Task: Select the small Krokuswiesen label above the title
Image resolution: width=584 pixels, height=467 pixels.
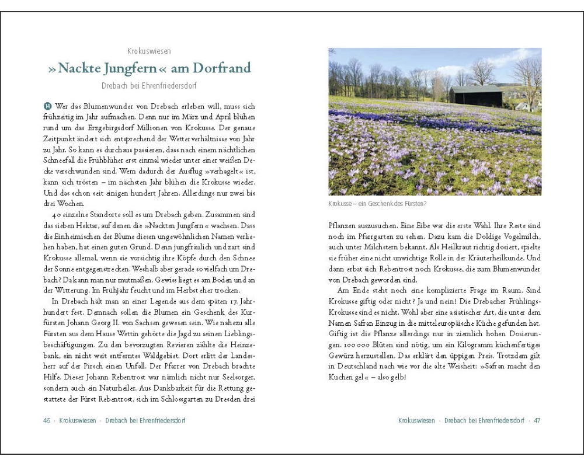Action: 149,51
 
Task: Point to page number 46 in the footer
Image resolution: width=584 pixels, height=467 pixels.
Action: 47,420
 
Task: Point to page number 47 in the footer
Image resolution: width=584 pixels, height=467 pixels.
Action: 537,420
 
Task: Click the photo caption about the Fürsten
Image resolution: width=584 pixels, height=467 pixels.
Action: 377,204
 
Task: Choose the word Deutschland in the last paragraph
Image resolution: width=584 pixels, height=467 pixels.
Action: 358,366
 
